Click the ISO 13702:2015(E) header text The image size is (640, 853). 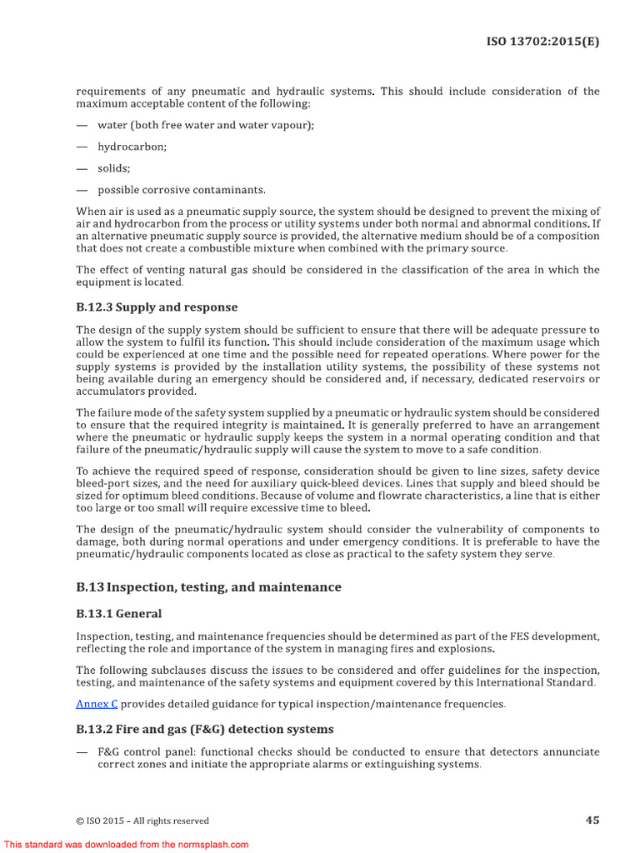pos(542,41)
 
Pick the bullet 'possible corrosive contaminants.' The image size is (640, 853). pos(182,190)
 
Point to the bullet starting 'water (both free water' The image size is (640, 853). pos(206,125)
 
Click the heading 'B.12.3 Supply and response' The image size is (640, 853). pos(157,307)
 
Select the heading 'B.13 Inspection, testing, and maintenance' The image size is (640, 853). pos(208,587)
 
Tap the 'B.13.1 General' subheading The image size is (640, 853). pos(118,614)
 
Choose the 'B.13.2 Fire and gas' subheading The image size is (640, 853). pos(204,729)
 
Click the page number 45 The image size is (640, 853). pos(592,820)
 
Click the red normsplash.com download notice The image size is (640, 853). pos(126,844)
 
